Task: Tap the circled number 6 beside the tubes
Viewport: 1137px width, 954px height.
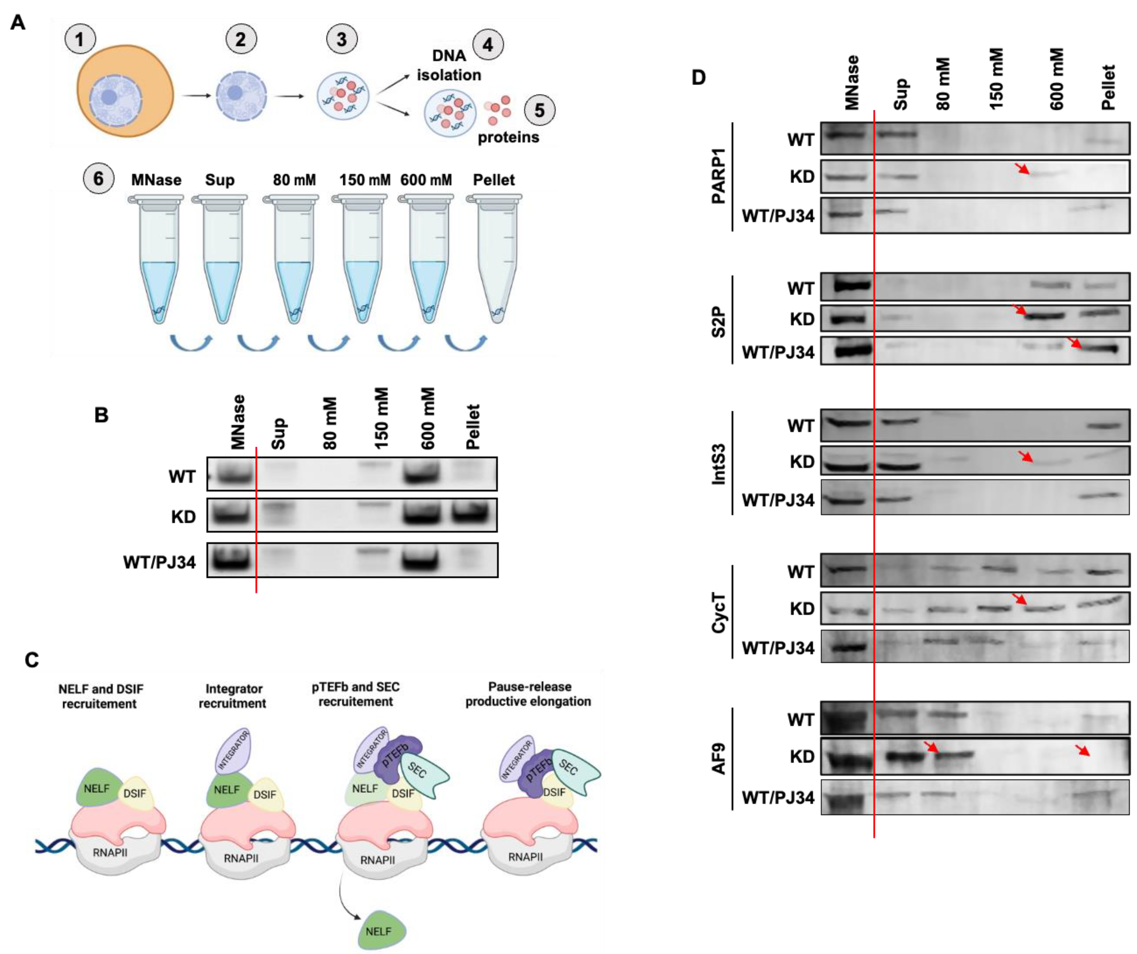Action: [x=98, y=179]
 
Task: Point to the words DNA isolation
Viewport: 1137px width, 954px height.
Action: [x=449, y=65]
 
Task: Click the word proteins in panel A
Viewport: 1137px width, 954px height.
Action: [x=508, y=137]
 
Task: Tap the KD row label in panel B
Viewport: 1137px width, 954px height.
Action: [x=183, y=517]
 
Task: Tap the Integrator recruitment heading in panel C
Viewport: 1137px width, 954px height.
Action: [x=232, y=696]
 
